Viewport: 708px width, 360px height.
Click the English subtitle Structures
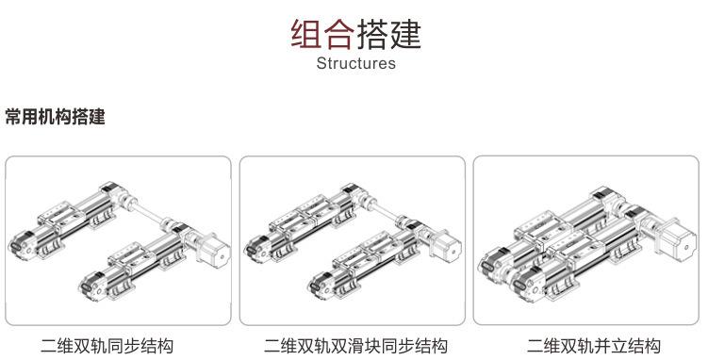pyautogui.click(x=355, y=64)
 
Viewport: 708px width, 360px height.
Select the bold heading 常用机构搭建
pyautogui.click(x=54, y=118)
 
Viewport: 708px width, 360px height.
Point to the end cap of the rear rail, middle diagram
pyautogui.click(x=256, y=247)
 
